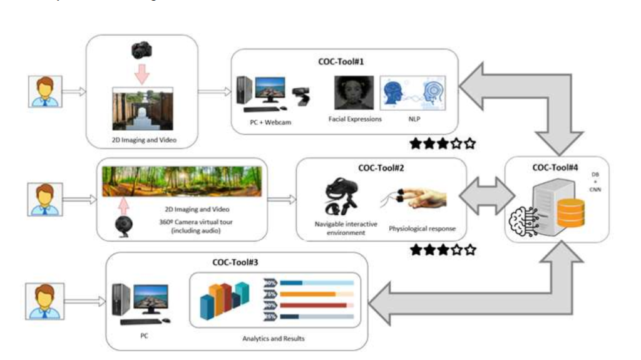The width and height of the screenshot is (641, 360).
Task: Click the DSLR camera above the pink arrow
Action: click(141, 51)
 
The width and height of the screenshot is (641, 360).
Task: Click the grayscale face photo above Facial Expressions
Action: click(354, 93)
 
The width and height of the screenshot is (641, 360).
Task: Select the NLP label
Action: click(413, 119)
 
